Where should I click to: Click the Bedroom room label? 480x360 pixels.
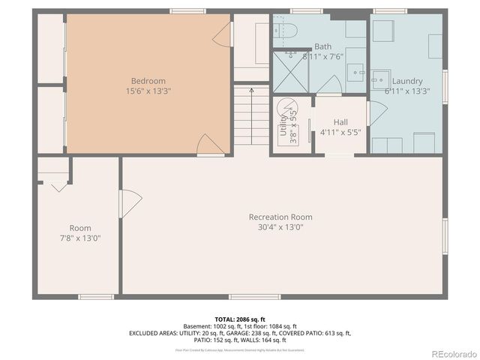(x=148, y=81)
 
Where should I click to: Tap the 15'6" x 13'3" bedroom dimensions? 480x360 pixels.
(x=148, y=91)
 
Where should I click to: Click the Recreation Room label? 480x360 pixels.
(x=280, y=217)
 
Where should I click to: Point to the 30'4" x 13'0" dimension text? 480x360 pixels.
(x=280, y=228)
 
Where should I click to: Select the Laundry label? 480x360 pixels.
(x=407, y=81)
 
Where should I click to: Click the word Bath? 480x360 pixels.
(x=322, y=46)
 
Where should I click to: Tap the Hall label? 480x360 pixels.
(x=340, y=122)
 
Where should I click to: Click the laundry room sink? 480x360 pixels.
(x=381, y=78)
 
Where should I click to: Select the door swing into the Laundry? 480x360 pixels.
(x=376, y=112)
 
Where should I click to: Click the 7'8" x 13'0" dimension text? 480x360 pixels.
(x=80, y=238)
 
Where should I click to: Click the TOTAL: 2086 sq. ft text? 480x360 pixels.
(x=239, y=319)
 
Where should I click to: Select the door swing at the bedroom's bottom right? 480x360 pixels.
(x=211, y=145)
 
